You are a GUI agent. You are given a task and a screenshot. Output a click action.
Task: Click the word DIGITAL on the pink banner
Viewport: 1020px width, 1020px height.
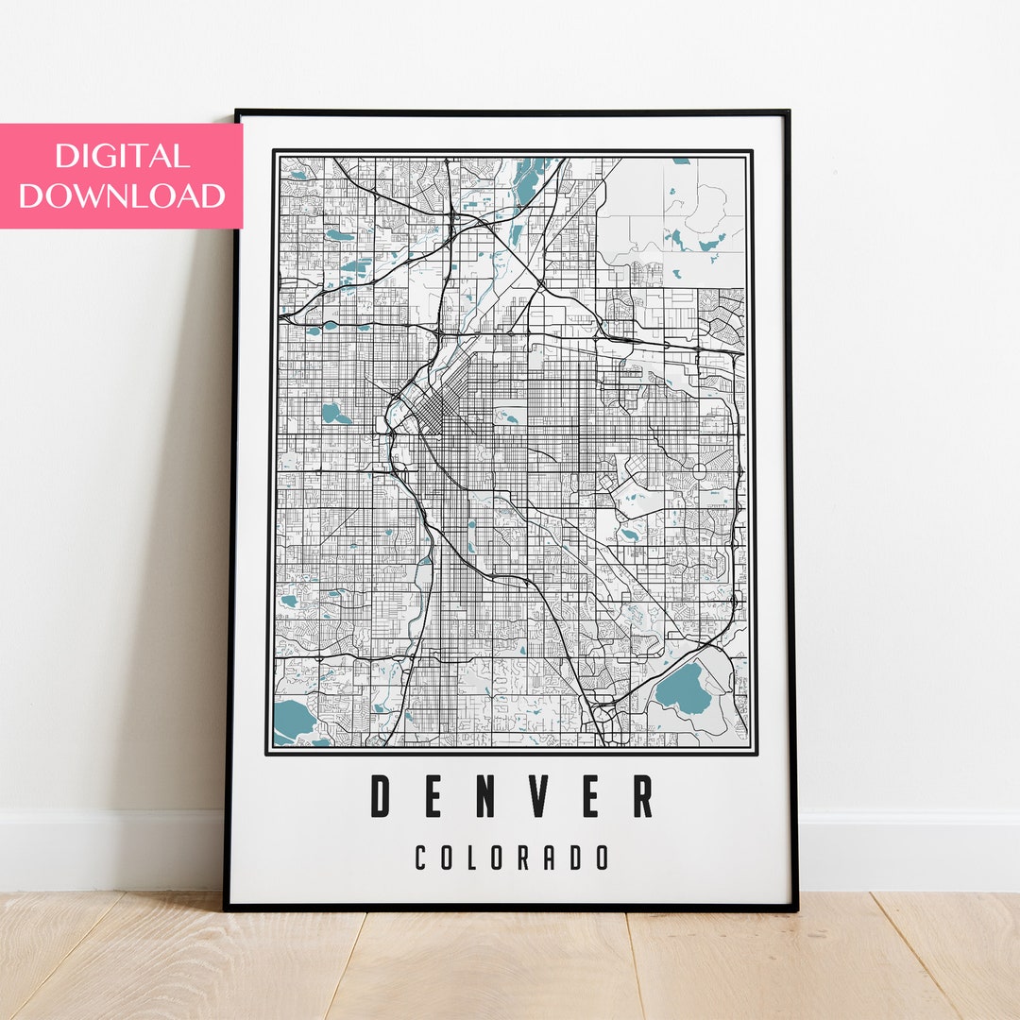122,156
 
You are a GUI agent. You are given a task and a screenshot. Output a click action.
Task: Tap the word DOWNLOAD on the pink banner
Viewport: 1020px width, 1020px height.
122,195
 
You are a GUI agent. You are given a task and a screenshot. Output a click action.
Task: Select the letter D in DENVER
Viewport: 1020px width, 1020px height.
381,795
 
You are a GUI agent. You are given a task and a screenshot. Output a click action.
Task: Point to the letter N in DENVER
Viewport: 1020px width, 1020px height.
485,795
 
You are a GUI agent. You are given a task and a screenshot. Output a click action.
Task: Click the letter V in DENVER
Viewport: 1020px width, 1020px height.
537,795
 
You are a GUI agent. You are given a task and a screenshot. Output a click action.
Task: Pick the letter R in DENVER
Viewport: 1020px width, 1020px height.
642,795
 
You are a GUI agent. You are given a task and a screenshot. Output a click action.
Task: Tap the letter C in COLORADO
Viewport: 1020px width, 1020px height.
422,858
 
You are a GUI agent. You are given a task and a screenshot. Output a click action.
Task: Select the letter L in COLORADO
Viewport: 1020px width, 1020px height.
475,858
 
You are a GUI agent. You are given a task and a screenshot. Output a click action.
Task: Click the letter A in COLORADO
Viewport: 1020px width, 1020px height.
552,858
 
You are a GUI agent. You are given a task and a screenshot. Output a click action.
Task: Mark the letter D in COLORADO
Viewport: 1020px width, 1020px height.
577,858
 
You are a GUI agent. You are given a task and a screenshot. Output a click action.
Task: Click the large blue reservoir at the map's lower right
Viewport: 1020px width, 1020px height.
683,689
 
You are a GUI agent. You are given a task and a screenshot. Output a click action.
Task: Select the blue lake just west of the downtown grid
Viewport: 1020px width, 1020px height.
332,413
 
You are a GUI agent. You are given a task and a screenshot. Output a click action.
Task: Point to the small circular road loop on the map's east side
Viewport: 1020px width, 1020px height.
701,469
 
